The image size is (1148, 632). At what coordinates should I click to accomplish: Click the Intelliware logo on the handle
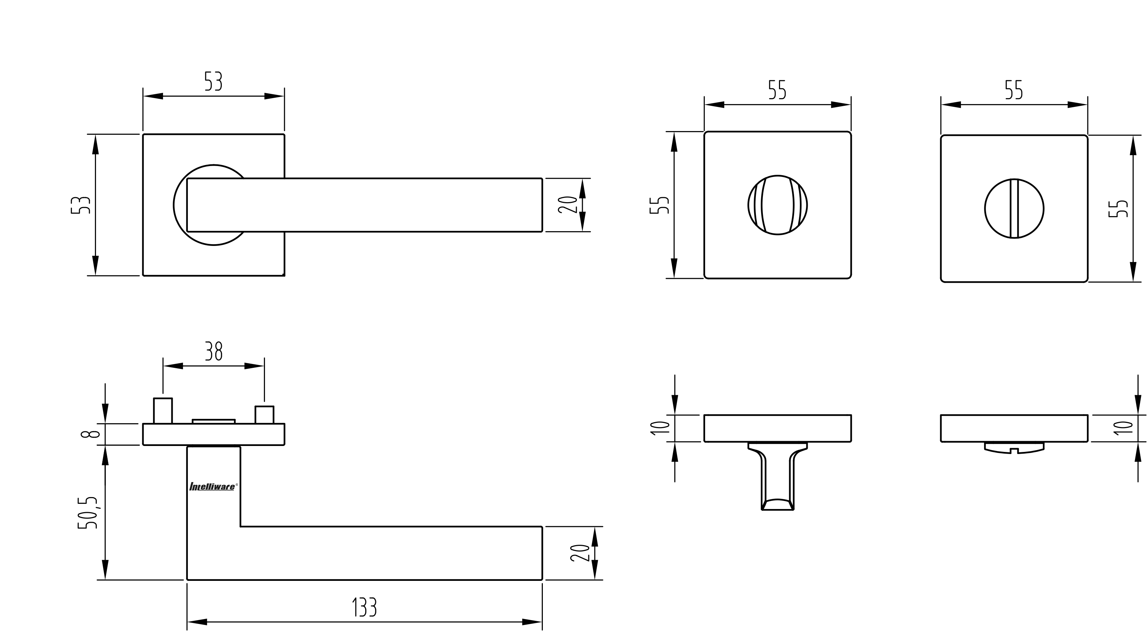(213, 487)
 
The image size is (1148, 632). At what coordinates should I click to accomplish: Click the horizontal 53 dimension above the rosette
(213, 81)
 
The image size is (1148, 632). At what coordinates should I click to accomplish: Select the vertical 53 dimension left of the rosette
(81, 205)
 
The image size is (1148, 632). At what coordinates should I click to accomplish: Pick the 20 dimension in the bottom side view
(580, 553)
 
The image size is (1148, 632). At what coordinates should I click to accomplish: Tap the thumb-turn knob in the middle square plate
(778, 205)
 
